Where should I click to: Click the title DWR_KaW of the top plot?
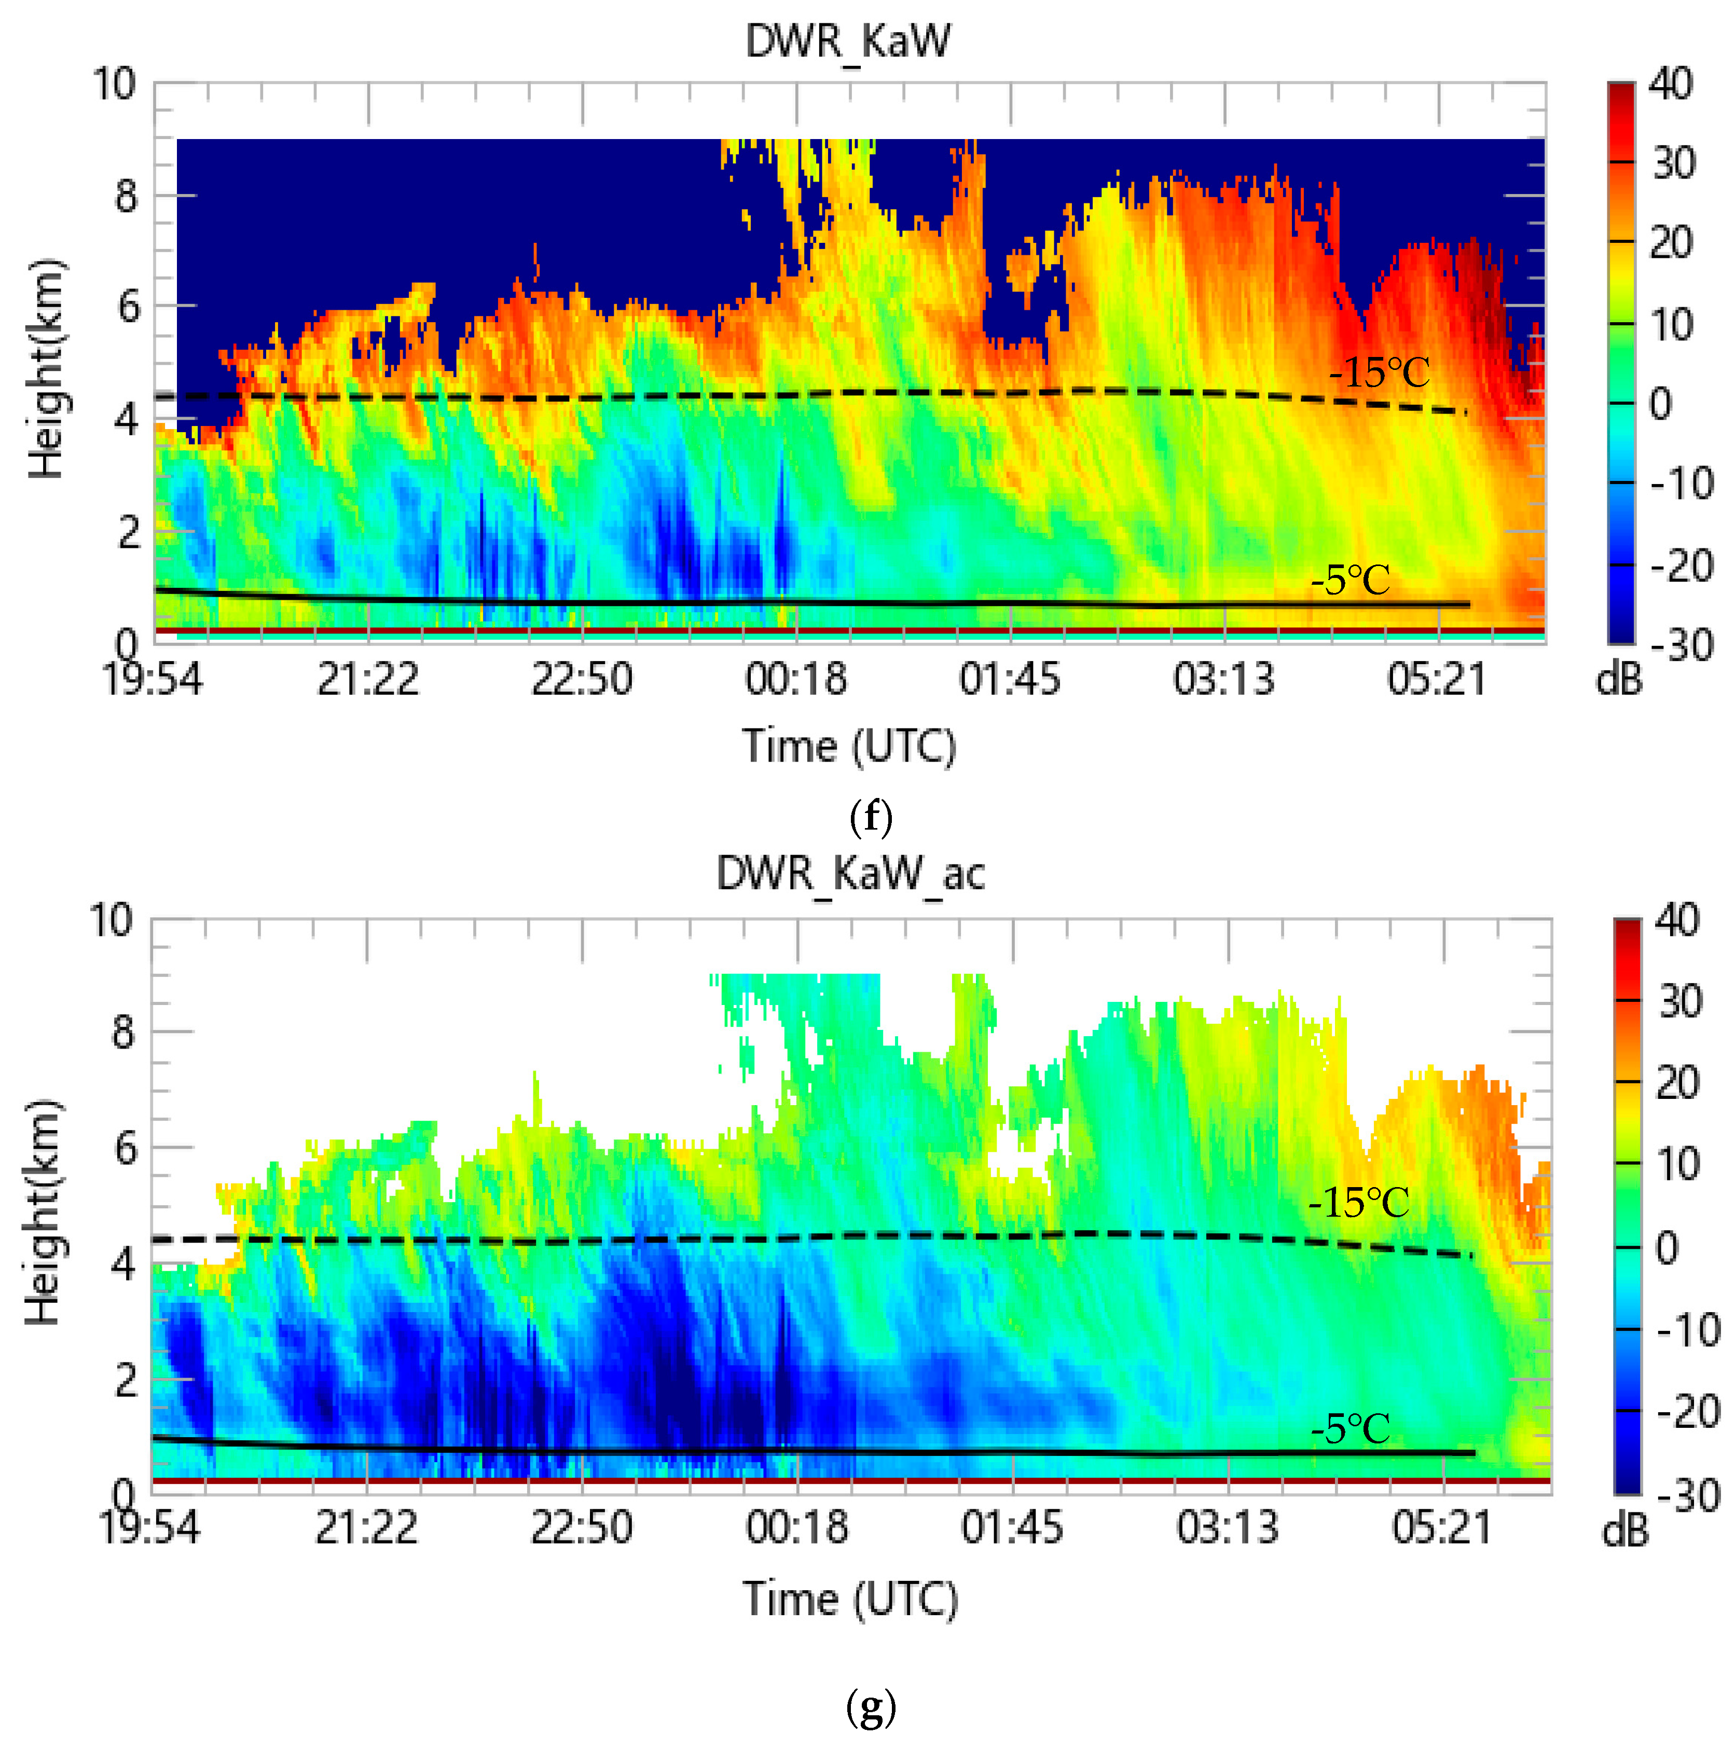coord(848,42)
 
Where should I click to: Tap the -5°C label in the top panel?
coord(1351,580)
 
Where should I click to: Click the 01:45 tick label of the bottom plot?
coord(1012,1528)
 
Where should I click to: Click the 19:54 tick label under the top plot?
coord(152,679)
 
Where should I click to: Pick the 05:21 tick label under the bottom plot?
coord(1442,1528)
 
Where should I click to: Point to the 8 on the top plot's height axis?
coord(127,196)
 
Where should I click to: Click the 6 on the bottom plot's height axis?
coord(125,1148)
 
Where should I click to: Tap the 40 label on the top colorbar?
coord(1670,84)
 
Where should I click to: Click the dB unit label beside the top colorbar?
coord(1618,680)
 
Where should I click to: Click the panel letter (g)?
coord(871,1707)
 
